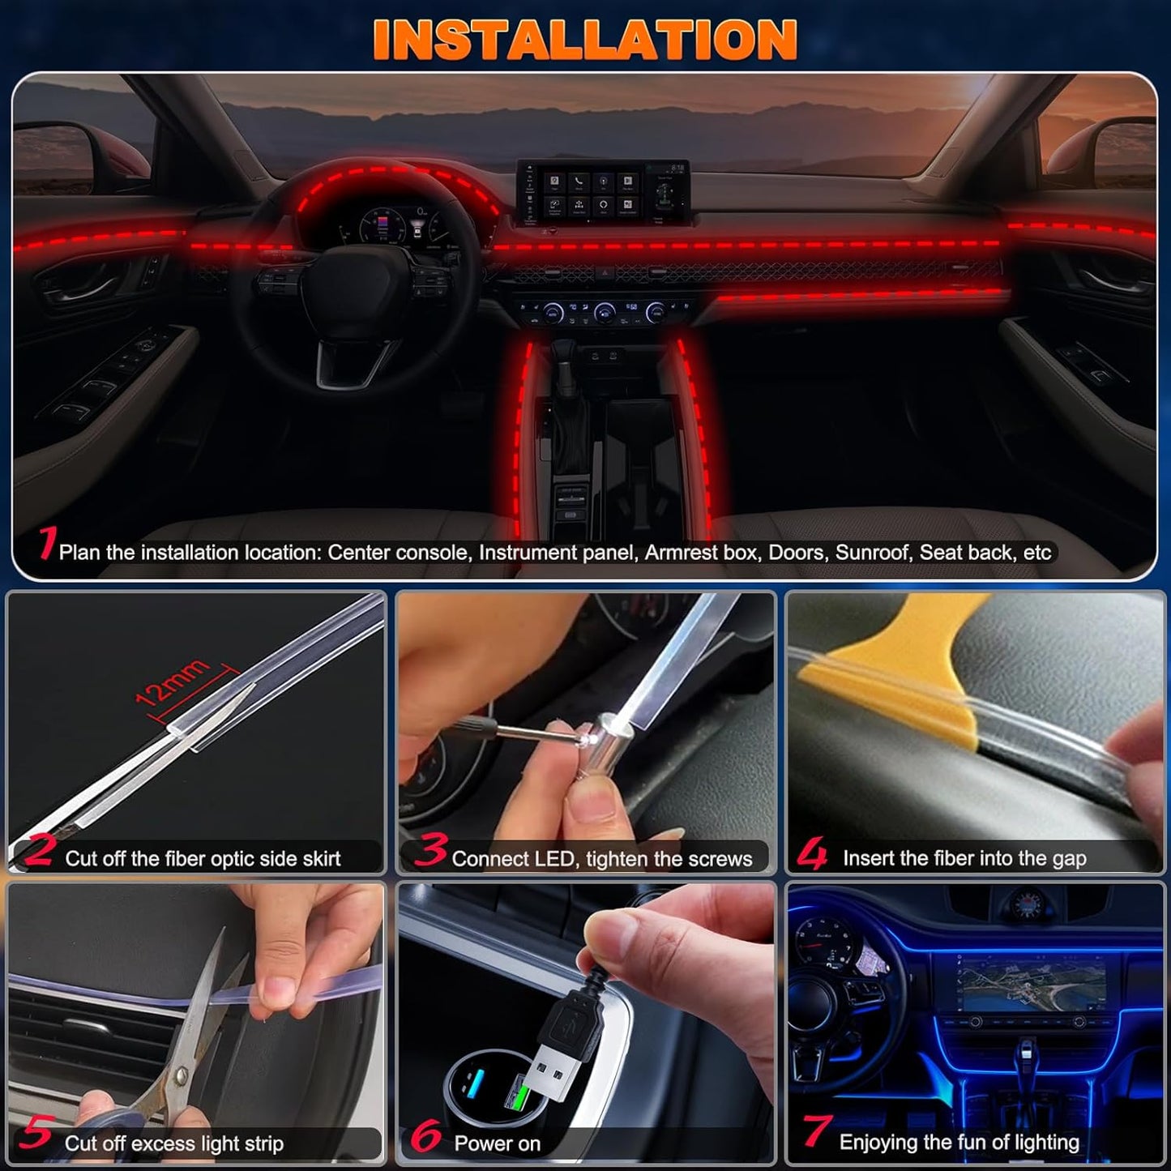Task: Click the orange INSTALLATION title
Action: [x=584, y=40]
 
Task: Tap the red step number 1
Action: [x=48, y=543]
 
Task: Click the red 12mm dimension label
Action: [x=173, y=682]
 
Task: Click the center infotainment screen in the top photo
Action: [x=603, y=192]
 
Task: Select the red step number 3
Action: [x=430, y=850]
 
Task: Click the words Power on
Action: [x=497, y=1143]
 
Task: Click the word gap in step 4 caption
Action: [x=1069, y=859]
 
